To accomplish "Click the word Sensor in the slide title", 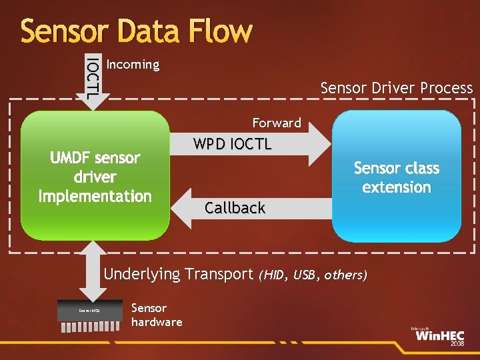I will point(60,31).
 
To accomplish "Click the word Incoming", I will point(133,65).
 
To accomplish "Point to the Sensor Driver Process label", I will point(396,87).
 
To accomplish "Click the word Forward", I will point(277,123).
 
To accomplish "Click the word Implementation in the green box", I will point(95,196).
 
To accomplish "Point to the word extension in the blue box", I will point(397,187).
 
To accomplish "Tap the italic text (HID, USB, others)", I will point(313,275).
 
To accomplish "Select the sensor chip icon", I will point(91,311).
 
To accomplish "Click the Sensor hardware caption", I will point(156,315).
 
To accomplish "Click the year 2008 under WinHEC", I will point(457,344).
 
